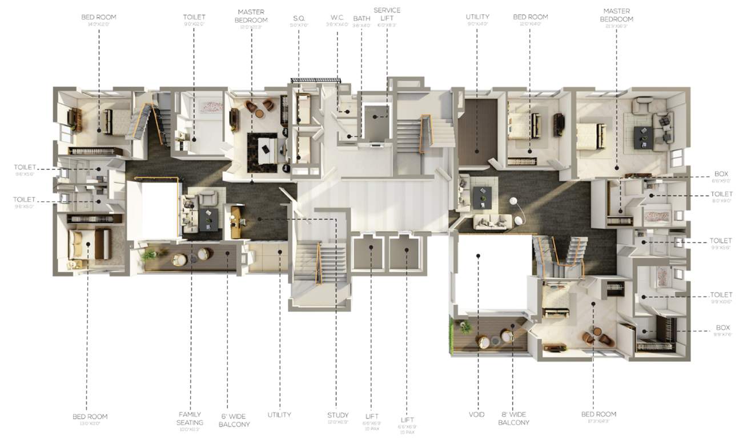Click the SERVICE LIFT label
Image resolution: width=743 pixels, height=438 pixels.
(x=387, y=14)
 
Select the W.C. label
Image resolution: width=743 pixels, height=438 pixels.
(x=336, y=18)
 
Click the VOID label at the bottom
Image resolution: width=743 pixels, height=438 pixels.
(x=477, y=415)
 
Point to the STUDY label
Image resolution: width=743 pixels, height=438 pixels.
(x=338, y=415)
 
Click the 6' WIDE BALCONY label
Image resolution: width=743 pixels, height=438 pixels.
(x=234, y=420)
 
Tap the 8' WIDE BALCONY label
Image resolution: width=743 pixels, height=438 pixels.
(x=513, y=419)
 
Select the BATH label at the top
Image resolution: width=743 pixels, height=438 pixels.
(x=362, y=18)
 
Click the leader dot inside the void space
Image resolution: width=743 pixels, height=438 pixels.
(x=477, y=256)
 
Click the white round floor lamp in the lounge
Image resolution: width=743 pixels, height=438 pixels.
(x=513, y=201)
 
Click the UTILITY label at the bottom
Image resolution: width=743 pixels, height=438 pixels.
(x=279, y=415)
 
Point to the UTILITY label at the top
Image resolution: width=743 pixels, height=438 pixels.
(x=477, y=17)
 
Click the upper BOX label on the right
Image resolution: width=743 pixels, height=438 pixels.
(x=721, y=173)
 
